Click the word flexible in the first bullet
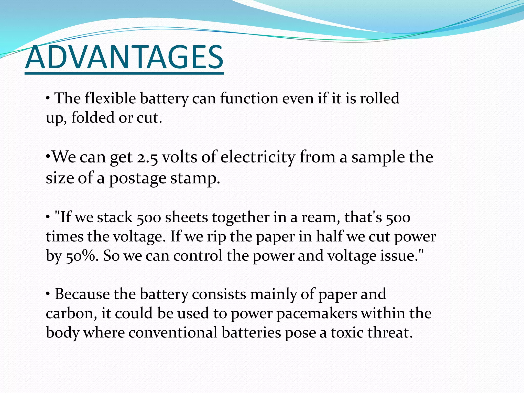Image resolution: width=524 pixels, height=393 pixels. pyautogui.click(x=110, y=98)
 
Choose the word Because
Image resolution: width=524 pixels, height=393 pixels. pyautogui.click(x=82, y=294)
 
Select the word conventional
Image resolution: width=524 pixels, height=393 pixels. pyautogui.click(x=173, y=333)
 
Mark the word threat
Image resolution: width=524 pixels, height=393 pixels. pyautogui.click(x=389, y=333)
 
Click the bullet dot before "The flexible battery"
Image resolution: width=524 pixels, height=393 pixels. pyautogui.click(x=48, y=98)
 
